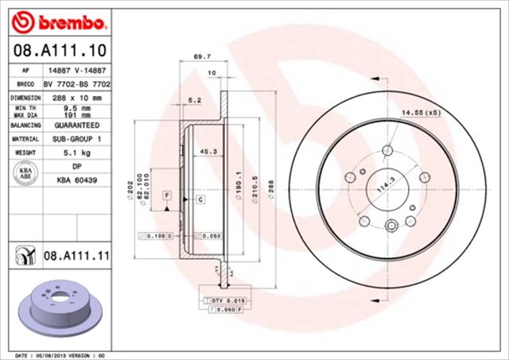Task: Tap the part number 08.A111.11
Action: pyautogui.click(x=76, y=255)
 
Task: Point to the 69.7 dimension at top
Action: pyautogui.click(x=202, y=56)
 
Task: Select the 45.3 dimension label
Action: pyautogui.click(x=209, y=151)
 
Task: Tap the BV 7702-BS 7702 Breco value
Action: pyautogui.click(x=76, y=83)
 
